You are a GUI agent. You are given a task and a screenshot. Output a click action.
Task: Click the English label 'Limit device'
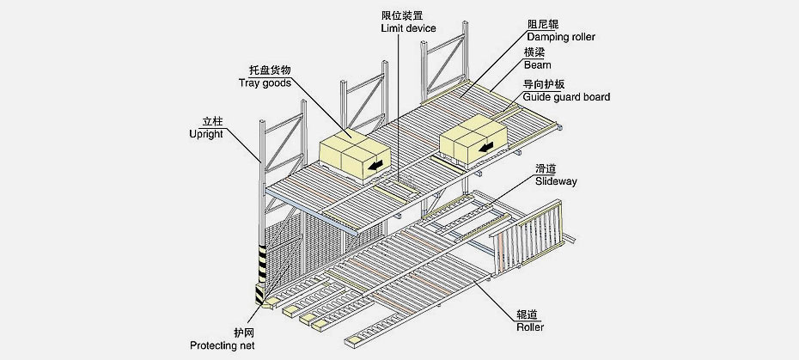(408, 28)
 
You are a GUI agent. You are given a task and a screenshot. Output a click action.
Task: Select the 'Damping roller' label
(561, 37)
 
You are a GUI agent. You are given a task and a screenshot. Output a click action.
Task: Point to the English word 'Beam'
(537, 64)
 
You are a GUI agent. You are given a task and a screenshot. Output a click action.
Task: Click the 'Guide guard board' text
(566, 97)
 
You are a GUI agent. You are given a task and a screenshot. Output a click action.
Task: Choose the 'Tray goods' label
(265, 83)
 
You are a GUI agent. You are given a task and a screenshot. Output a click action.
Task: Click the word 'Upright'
(205, 134)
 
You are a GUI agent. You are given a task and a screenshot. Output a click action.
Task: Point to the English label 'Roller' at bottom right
(530, 326)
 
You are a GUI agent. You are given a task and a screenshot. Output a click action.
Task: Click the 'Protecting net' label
(222, 345)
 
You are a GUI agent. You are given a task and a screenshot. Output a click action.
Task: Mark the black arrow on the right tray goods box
(487, 149)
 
